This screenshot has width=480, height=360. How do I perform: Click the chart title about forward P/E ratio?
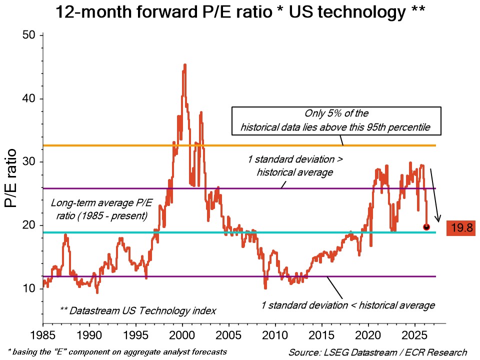239,12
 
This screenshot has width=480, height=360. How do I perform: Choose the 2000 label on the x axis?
182,334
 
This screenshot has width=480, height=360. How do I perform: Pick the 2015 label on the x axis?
322,334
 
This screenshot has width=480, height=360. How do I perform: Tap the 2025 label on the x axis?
415,334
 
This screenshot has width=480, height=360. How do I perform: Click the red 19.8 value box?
461,227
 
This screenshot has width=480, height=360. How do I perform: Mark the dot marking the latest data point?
426,227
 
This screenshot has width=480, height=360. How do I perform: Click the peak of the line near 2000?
185,64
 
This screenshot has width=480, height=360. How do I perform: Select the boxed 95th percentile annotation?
337,120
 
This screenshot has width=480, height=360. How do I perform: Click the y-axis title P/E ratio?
11,178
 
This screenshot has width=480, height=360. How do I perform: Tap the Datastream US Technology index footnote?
137,310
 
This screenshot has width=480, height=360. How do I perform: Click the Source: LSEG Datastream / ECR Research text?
377,352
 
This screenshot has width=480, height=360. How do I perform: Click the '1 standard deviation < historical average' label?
348,305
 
